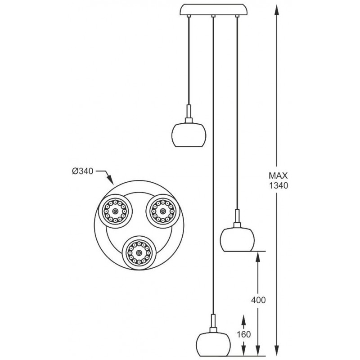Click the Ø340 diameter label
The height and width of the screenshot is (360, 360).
pyautogui.click(x=82, y=171)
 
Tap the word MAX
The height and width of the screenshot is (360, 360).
pyautogui.click(x=278, y=175)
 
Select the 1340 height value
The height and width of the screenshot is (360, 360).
pyautogui.click(x=279, y=185)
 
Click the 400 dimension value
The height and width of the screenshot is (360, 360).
pyautogui.click(x=258, y=300)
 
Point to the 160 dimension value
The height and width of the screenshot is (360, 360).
pyautogui.click(x=243, y=334)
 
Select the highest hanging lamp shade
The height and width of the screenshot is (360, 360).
pyautogui.click(x=189, y=135)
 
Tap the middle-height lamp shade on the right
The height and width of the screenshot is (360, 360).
pyautogui.click(x=238, y=239)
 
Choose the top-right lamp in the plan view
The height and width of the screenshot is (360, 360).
pyautogui.click(x=163, y=211)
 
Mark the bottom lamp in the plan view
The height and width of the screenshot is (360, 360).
pyautogui.click(x=139, y=252)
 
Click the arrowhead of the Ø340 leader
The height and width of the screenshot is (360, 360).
pyautogui.click(x=111, y=180)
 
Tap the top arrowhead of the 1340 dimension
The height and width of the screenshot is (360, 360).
pyautogui.click(x=277, y=10)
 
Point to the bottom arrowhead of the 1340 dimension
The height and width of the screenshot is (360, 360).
pyautogui.click(x=277, y=350)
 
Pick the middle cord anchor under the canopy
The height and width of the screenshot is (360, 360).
pyautogui.click(x=213, y=16)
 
